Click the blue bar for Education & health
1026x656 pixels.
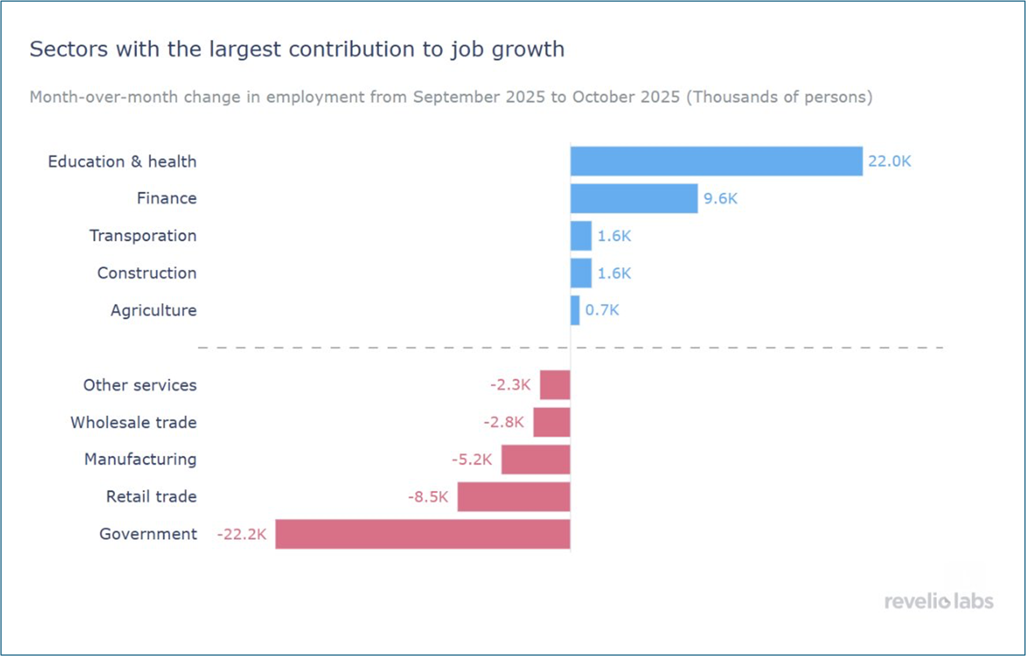tap(716, 161)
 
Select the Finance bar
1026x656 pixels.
tap(633, 199)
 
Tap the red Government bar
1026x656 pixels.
tap(422, 534)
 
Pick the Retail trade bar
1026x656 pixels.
tap(514, 496)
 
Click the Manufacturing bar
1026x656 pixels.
tap(535, 460)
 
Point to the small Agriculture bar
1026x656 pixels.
tap(575, 310)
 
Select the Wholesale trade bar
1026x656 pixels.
tap(552, 422)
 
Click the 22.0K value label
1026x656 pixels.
tap(889, 161)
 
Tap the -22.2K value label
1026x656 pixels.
tap(242, 534)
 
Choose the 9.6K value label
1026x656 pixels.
tap(720, 199)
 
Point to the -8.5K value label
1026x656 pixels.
tap(428, 497)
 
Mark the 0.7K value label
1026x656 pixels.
tap(602, 310)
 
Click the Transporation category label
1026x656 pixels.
tap(143, 236)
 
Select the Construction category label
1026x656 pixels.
tap(147, 273)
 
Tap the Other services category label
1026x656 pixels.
tap(140, 385)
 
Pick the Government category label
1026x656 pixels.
tap(148, 534)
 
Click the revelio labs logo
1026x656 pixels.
tap(939, 601)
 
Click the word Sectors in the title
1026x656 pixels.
tap(69, 49)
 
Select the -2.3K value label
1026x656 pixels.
tap(510, 385)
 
